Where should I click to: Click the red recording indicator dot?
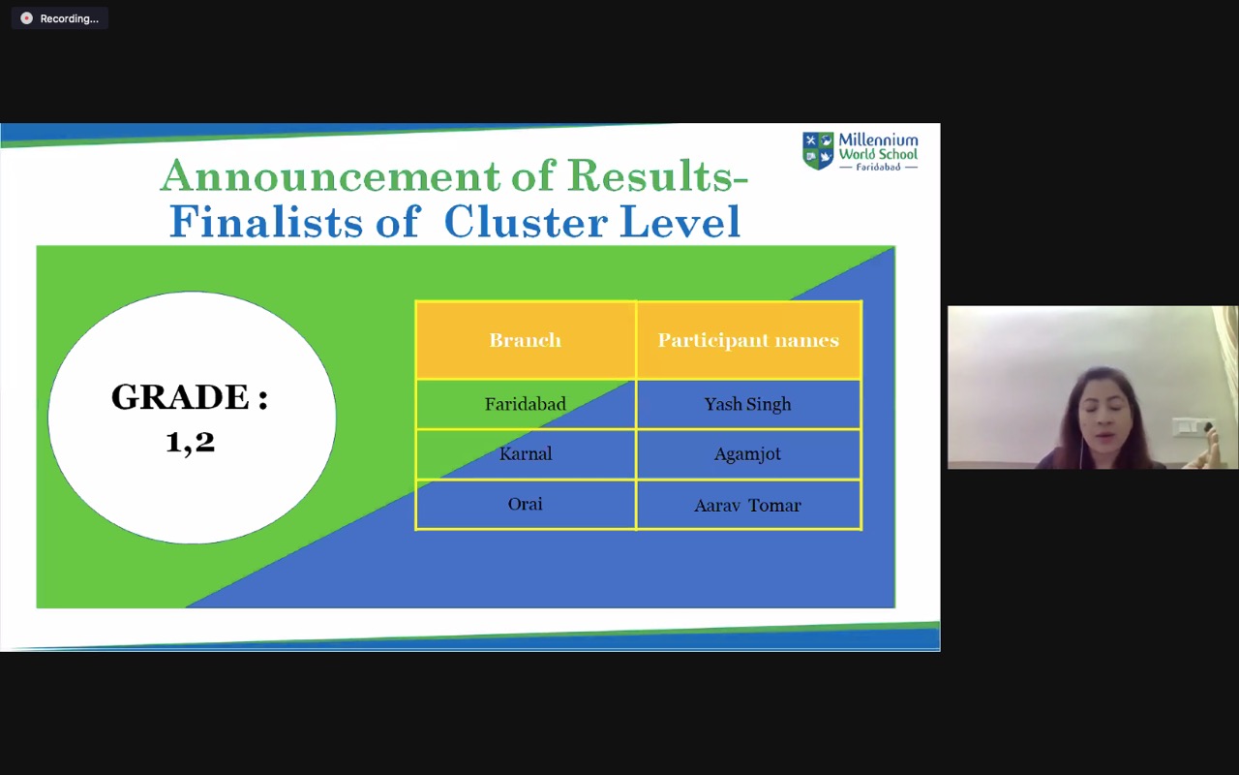(x=26, y=18)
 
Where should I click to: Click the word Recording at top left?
(x=69, y=18)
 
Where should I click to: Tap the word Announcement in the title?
(x=331, y=175)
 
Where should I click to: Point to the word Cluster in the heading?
(x=526, y=222)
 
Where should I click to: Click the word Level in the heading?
(x=680, y=222)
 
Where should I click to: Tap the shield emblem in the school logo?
(x=818, y=150)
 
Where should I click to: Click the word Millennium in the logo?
(x=878, y=139)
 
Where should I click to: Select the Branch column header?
(x=525, y=340)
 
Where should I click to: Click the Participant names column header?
(x=748, y=340)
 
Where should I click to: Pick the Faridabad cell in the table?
(x=525, y=404)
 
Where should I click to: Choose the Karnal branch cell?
(x=525, y=454)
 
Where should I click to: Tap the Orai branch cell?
(x=525, y=505)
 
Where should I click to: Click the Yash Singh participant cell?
(x=748, y=404)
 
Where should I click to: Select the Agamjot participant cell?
(x=748, y=454)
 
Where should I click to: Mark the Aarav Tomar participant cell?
(x=748, y=505)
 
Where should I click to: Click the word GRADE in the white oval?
(x=180, y=397)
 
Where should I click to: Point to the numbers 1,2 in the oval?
(x=191, y=443)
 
